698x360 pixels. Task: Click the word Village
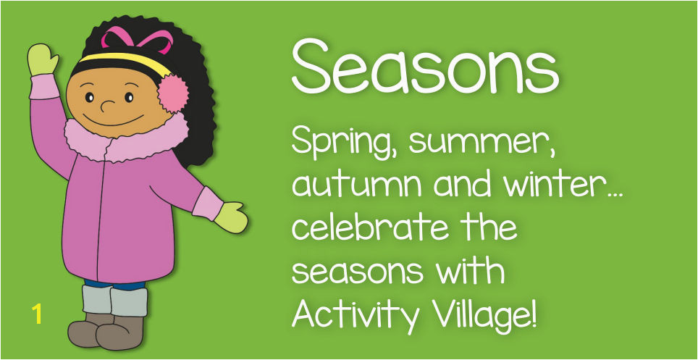point(486,315)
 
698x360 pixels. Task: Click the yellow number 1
point(37,314)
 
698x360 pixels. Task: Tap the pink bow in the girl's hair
point(137,40)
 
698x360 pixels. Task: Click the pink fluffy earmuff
point(173,93)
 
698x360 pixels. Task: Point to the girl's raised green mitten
point(43,59)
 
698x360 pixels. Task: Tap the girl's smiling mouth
point(113,121)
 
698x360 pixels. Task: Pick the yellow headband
point(125,62)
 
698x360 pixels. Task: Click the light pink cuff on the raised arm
point(44,86)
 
